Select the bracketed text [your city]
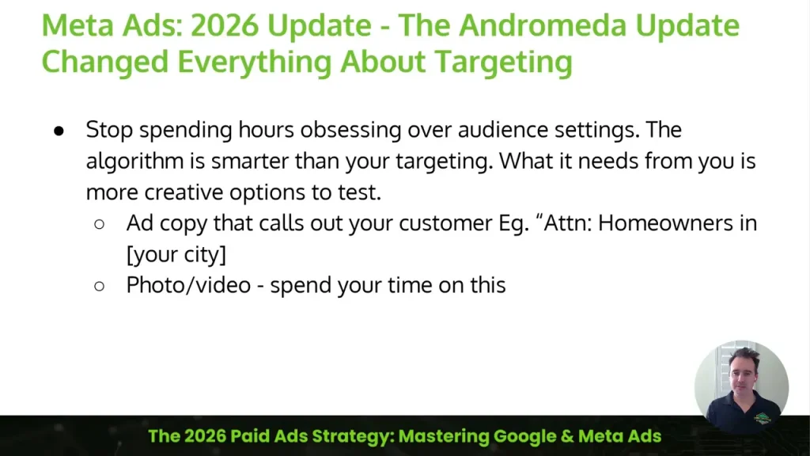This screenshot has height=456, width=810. pyautogui.click(x=176, y=255)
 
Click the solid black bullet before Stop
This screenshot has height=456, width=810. pyautogui.click(x=59, y=131)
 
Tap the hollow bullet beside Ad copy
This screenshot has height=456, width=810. pyautogui.click(x=100, y=224)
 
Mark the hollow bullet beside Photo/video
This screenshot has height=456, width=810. pyautogui.click(x=100, y=286)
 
